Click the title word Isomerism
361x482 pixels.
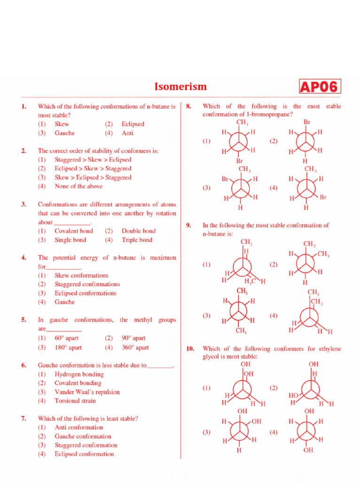coord(180,87)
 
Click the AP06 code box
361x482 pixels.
coord(319,87)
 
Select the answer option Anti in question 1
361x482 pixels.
coord(127,133)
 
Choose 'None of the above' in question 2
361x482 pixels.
coord(78,186)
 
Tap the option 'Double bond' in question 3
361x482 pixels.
coord(138,231)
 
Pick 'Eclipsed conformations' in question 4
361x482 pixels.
coord(85,293)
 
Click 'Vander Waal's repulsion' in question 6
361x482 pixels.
coord(87,392)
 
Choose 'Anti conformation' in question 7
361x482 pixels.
coord(78,427)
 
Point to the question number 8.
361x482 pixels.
coord(188,106)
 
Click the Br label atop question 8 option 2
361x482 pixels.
coord(306,122)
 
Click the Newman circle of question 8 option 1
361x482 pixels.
coord(240,141)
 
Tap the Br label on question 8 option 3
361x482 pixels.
coord(225,179)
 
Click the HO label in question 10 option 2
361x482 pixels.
coord(293,396)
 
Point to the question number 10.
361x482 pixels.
coord(190,349)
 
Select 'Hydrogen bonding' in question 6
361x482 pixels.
coord(79,375)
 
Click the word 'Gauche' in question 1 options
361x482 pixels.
coord(64,133)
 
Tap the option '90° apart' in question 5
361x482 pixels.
coord(133,338)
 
